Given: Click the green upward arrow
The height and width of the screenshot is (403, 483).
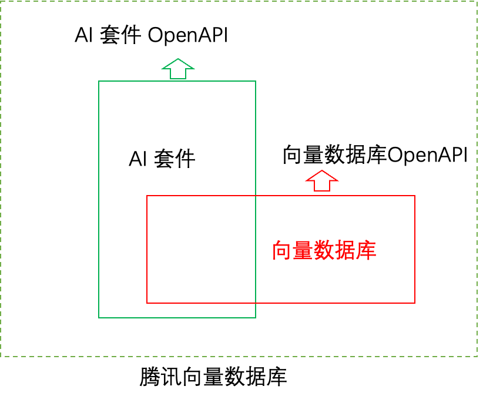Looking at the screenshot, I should coord(177,69).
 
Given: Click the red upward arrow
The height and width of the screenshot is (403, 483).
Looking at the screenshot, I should coord(322,181).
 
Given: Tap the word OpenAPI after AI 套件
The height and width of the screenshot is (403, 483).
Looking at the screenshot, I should coord(187,36).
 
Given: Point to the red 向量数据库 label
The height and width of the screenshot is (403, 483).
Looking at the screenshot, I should coord(324,251).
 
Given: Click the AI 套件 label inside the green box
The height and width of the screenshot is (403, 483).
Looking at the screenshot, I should coord(162,159).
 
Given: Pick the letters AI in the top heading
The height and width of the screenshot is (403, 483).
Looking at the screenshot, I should coord(83,36).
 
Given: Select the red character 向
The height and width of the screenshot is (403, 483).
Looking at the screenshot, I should coord(283,251).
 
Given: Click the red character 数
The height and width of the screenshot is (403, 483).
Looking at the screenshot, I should coord(324,251).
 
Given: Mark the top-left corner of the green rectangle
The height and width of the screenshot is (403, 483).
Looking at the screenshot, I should coord(99,81).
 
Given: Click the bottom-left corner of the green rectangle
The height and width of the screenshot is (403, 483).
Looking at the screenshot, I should coord(99,318).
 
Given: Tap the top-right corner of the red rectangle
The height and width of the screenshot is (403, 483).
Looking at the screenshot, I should coord(415,196).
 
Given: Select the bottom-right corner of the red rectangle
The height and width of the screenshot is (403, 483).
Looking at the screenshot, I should coord(415,303).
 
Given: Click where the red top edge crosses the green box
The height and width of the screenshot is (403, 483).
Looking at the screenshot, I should coord(256,196).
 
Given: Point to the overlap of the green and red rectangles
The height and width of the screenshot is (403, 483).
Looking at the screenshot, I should coord(201,249).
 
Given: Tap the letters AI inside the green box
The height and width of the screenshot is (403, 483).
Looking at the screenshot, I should coord(137,159).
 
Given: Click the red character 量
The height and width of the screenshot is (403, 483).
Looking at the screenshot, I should coord(303,251).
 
